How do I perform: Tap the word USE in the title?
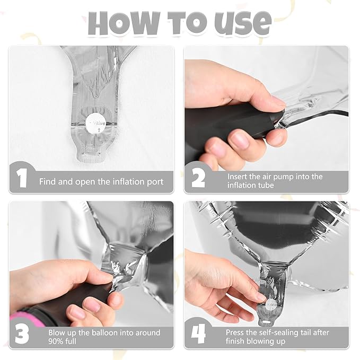[243, 23]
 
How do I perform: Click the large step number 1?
[22, 178]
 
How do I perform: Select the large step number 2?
[198, 179]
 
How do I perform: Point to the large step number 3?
[22, 333]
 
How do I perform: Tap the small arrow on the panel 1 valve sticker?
[99, 130]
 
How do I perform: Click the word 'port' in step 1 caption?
[155, 182]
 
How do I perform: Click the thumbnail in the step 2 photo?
[240, 141]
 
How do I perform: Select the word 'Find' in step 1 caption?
[48, 182]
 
